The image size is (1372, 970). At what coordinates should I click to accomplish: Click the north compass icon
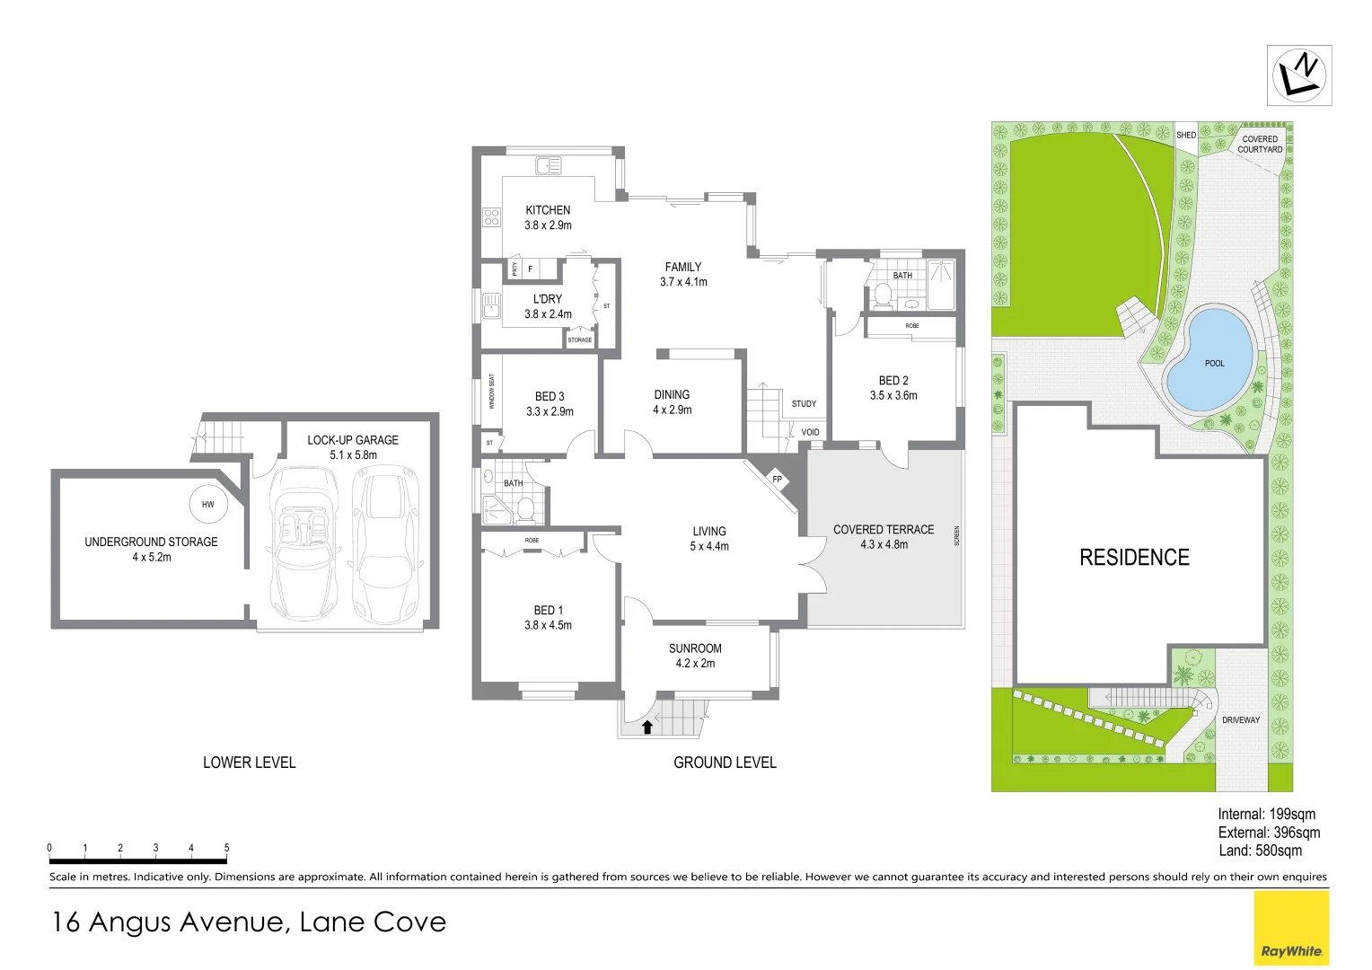pyautogui.click(x=1299, y=75)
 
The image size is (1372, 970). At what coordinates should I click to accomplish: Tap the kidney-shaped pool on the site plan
pyautogui.click(x=1209, y=360)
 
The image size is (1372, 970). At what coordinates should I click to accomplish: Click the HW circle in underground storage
pyautogui.click(x=208, y=504)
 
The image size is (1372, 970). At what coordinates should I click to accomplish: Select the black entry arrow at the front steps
pyautogui.click(x=647, y=727)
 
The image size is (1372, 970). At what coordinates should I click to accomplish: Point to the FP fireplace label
pyautogui.click(x=778, y=480)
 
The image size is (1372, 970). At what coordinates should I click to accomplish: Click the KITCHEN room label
pyautogui.click(x=548, y=210)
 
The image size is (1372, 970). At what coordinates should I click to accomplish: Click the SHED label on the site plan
pyautogui.click(x=1186, y=136)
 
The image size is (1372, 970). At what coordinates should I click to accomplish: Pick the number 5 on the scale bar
pyautogui.click(x=226, y=848)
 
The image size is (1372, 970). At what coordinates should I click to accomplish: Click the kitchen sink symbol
pyautogui.click(x=548, y=165)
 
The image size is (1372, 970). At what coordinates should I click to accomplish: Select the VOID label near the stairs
pyautogui.click(x=810, y=432)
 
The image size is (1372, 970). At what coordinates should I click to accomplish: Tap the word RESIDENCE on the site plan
pyautogui.click(x=1134, y=558)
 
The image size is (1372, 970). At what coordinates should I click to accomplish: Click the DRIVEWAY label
pyautogui.click(x=1241, y=720)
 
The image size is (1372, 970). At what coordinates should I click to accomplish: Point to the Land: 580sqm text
pyautogui.click(x=1260, y=851)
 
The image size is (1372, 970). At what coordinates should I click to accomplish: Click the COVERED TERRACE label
pyautogui.click(x=884, y=530)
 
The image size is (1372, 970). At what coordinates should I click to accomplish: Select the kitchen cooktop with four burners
pyautogui.click(x=491, y=216)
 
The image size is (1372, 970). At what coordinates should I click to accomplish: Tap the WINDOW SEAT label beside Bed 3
pyautogui.click(x=491, y=392)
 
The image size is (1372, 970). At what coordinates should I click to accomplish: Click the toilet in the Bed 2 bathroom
pyautogui.click(x=883, y=294)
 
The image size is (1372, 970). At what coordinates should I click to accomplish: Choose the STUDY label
pyautogui.click(x=804, y=404)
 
